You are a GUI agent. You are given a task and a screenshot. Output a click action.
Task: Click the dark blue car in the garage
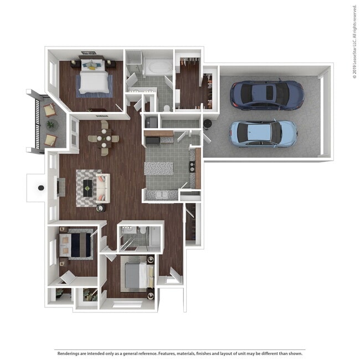(267, 95)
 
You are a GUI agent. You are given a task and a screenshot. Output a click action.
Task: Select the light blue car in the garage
(263, 133)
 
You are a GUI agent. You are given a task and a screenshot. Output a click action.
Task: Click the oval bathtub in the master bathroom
(158, 68)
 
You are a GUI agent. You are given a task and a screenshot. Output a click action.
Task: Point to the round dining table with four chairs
(104, 138)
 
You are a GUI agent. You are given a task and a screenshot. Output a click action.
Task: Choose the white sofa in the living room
(102, 188)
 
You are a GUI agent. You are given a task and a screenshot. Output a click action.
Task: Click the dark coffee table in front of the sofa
(88, 188)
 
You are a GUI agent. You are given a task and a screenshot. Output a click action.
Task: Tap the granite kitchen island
(158, 168)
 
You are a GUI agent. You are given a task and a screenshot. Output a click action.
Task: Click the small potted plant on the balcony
(51, 125)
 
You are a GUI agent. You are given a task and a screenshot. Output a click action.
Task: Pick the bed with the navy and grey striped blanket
(78, 244)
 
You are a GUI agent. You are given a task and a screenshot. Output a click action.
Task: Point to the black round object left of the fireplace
(40, 188)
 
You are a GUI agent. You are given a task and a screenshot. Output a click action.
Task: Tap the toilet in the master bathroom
(167, 106)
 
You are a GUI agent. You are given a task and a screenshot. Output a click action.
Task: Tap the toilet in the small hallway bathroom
(142, 230)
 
